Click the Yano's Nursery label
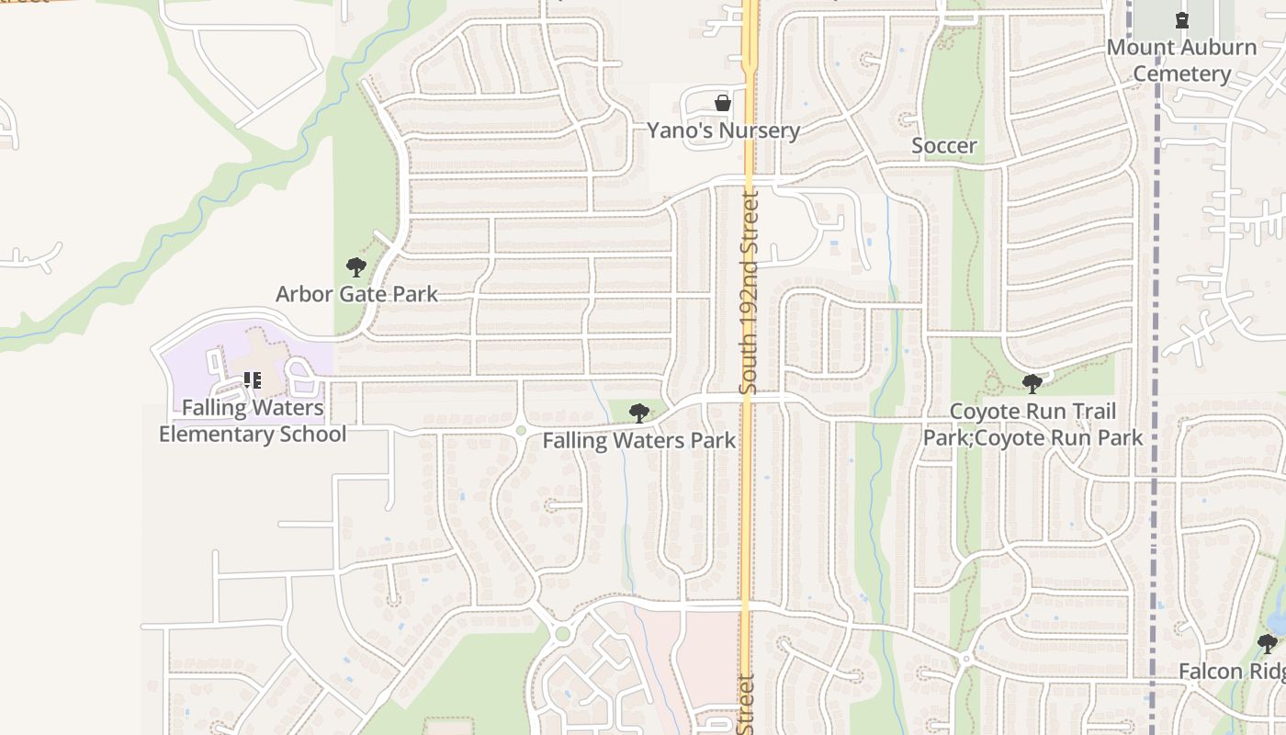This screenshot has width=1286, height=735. [x=723, y=130]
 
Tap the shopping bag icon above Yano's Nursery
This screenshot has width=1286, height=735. [x=723, y=103]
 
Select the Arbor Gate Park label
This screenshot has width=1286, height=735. [x=356, y=294]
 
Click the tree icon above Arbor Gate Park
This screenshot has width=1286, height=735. [x=356, y=267]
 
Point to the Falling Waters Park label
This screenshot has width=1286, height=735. [x=638, y=441]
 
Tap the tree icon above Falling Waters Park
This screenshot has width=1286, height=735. [x=638, y=413]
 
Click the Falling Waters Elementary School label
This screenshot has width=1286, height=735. [x=253, y=421]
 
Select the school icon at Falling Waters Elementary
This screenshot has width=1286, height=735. [x=253, y=379]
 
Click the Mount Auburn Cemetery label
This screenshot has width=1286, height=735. [x=1181, y=61]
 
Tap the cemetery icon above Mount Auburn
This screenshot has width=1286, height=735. [x=1181, y=19]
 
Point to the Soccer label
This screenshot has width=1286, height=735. [x=943, y=146]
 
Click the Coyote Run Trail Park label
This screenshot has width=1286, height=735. [x=1032, y=424]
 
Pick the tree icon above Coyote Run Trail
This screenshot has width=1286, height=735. [x=1032, y=383]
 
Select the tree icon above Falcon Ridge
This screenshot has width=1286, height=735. [x=1268, y=643]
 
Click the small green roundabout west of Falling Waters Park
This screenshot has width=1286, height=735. [x=521, y=430]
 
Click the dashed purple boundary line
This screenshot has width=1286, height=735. [x=1155, y=276]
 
